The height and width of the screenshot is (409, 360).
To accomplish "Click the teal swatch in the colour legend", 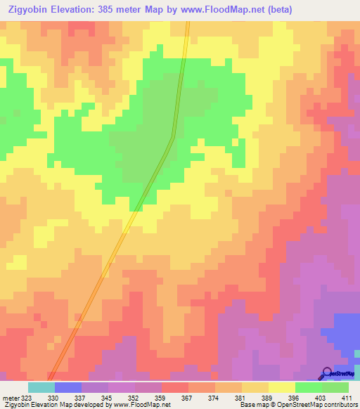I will click(x=41, y=387).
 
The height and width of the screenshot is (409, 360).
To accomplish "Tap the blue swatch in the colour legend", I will click(x=68, y=387).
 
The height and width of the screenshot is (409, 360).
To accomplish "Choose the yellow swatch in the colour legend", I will click(x=281, y=387).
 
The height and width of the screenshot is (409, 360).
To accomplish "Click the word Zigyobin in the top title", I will click(x=28, y=10).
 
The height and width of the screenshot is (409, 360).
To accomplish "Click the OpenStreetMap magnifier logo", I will click(x=327, y=373).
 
